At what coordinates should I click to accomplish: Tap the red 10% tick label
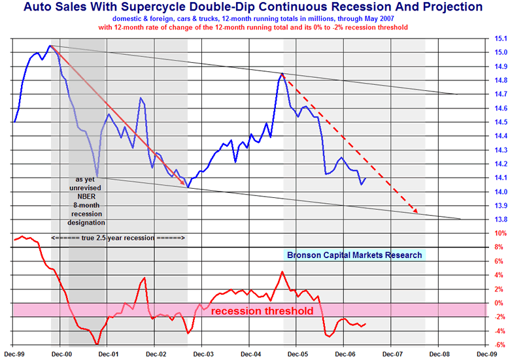[x=500, y=233]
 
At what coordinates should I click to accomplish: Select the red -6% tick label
[x=500, y=345]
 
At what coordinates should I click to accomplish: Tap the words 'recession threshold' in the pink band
[x=262, y=311]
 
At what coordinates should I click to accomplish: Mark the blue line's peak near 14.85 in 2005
[x=282, y=74]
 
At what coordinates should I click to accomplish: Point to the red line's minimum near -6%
[x=97, y=344]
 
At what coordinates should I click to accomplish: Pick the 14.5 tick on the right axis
[x=500, y=122]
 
